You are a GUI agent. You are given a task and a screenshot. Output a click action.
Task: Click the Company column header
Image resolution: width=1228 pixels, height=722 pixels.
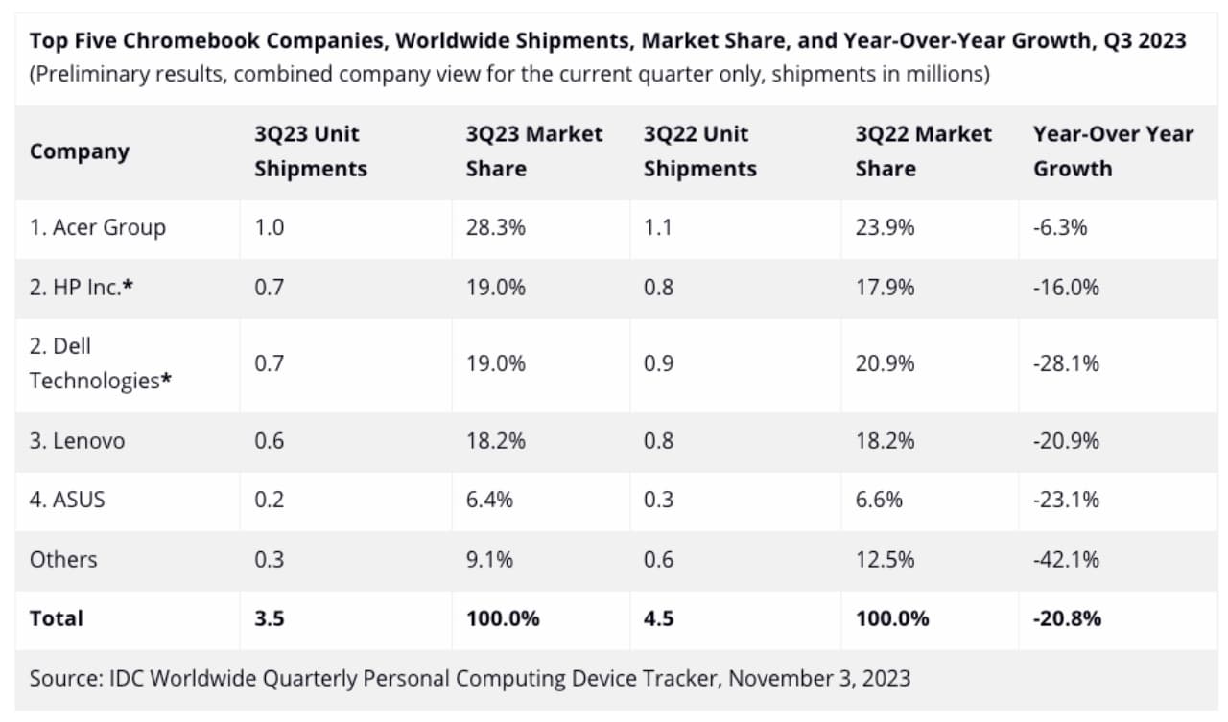tap(79, 151)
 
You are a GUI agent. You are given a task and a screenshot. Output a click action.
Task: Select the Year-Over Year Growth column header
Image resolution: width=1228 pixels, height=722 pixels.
tap(1113, 151)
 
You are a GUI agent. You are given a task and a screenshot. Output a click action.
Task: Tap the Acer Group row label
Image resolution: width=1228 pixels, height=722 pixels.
tap(97, 227)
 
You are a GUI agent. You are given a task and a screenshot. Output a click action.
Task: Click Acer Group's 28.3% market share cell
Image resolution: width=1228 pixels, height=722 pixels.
tap(496, 227)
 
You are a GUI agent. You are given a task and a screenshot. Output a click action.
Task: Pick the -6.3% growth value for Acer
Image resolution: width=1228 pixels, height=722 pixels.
tap(1060, 227)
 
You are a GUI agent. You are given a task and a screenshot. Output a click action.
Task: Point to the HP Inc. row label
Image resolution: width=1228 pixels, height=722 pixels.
tap(81, 287)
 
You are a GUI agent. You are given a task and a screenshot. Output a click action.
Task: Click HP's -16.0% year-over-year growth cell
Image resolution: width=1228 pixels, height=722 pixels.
tap(1066, 287)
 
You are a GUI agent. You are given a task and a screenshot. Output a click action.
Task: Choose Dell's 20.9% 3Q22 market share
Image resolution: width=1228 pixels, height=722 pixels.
tap(885, 363)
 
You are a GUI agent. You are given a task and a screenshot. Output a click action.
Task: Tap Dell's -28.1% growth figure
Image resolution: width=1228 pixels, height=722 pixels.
tap(1066, 363)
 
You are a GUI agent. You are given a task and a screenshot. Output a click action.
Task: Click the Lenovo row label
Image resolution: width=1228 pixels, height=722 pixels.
tap(77, 441)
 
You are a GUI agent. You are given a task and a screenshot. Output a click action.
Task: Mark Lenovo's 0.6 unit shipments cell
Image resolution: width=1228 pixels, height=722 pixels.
tap(269, 441)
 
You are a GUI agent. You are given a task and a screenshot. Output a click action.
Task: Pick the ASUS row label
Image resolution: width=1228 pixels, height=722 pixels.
tap(67, 500)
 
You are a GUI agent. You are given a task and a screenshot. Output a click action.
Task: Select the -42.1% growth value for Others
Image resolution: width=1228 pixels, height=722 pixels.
tap(1066, 559)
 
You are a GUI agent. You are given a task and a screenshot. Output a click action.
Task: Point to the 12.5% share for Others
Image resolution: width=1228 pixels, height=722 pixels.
tap(885, 559)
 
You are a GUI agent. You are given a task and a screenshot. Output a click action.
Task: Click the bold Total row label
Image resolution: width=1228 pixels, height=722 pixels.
tap(57, 618)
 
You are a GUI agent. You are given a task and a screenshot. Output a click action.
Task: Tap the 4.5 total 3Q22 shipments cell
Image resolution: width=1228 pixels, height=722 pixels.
tap(658, 618)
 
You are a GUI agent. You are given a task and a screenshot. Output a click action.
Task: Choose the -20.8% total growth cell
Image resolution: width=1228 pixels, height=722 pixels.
tap(1067, 618)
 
